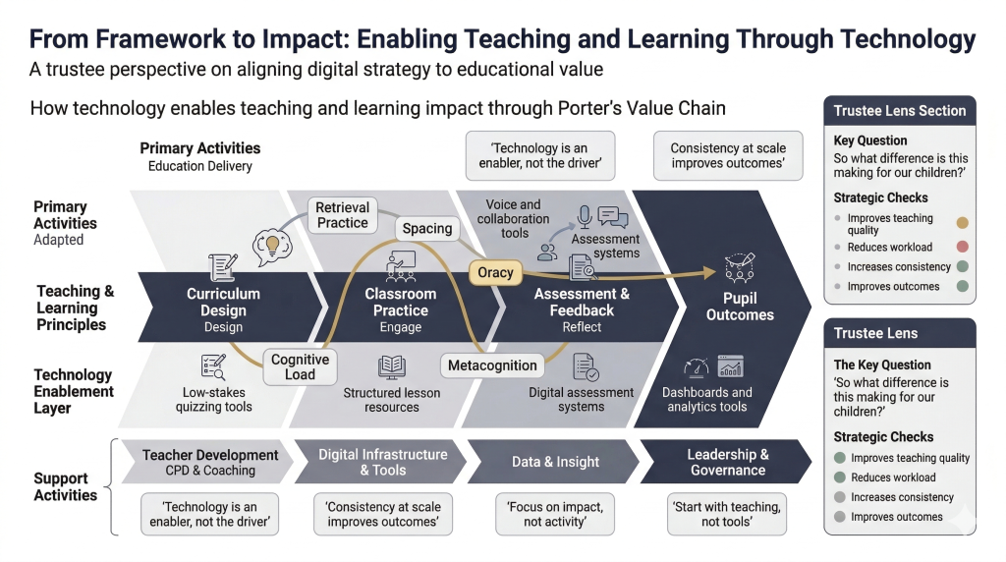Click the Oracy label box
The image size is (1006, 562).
(495, 273)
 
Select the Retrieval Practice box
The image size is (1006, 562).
(343, 215)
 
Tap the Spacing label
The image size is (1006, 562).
(427, 228)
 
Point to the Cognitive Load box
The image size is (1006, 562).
(301, 366)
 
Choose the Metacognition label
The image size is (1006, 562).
(492, 365)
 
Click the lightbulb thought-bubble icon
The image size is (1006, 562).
(272, 247)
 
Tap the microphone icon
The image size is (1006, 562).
(584, 217)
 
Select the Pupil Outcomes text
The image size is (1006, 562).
(740, 307)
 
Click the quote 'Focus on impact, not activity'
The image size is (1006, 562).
(555, 514)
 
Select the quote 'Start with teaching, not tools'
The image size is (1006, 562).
(727, 514)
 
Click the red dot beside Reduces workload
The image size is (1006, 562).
(963, 247)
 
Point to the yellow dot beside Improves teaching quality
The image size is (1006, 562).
(963, 223)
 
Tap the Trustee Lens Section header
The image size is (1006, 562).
(900, 110)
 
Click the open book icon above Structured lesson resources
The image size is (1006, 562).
(391, 366)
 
